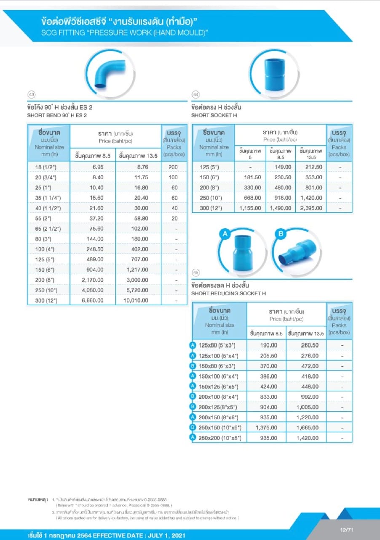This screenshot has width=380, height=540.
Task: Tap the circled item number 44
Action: (195, 94)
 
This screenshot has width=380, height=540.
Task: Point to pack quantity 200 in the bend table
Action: (174, 167)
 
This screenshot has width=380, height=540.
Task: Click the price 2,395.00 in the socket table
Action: (312, 208)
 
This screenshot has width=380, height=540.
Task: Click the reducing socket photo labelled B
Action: (297, 251)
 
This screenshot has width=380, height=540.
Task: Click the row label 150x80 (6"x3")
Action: (217, 366)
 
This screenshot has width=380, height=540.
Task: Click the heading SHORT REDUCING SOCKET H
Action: (228, 294)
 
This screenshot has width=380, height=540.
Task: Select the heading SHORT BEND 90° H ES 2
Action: (57, 115)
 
